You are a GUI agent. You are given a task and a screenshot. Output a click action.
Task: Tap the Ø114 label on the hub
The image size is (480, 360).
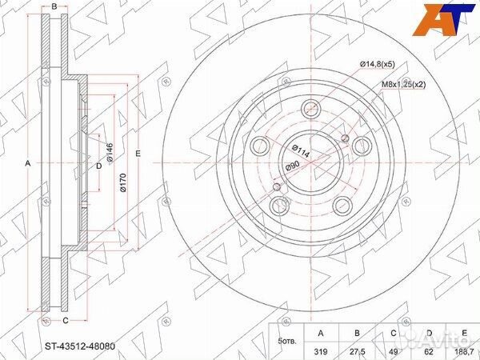point(300,150)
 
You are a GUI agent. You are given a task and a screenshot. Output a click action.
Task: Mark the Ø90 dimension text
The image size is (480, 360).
point(291,166)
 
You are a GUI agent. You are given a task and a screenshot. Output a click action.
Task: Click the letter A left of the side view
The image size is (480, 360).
point(30,163)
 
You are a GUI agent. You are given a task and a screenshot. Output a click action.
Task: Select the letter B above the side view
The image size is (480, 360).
point(54,8)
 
